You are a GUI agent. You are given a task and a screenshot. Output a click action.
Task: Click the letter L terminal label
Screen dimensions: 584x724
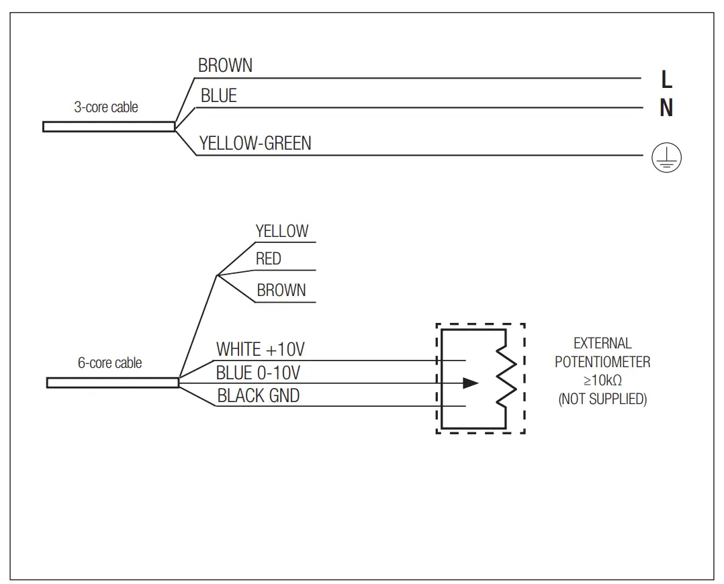[666, 79]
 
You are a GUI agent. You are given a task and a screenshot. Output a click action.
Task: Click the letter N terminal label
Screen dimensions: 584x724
[666, 108]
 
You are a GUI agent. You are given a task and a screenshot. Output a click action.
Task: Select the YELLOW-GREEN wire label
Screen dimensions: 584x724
[255, 143]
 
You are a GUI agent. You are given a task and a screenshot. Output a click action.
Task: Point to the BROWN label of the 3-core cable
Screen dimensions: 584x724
[226, 66]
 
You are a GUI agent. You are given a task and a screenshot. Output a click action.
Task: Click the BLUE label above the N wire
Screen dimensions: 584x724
[219, 97]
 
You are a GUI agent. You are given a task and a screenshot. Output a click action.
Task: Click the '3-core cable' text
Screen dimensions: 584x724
[106, 107]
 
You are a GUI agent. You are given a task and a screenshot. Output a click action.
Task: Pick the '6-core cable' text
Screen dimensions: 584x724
[110, 363]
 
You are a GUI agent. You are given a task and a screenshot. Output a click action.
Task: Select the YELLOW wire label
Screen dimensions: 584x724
[282, 232]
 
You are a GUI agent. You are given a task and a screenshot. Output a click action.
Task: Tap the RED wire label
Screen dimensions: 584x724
[269, 259]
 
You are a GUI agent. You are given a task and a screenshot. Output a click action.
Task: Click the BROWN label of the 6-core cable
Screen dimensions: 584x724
[281, 291]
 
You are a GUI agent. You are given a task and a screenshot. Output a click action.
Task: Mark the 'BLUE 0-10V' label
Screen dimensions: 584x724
[258, 373]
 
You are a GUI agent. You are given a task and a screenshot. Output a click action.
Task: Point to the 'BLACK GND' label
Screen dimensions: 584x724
[259, 396]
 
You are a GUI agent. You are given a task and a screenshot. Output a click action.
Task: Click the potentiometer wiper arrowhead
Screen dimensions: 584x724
[471, 383]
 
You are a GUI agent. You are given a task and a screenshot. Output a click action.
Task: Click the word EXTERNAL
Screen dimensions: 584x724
[602, 344]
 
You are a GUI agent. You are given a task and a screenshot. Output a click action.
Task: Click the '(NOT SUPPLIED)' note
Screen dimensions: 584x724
[602, 399]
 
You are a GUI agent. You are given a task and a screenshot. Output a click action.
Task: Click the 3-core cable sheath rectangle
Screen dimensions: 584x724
[108, 126]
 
